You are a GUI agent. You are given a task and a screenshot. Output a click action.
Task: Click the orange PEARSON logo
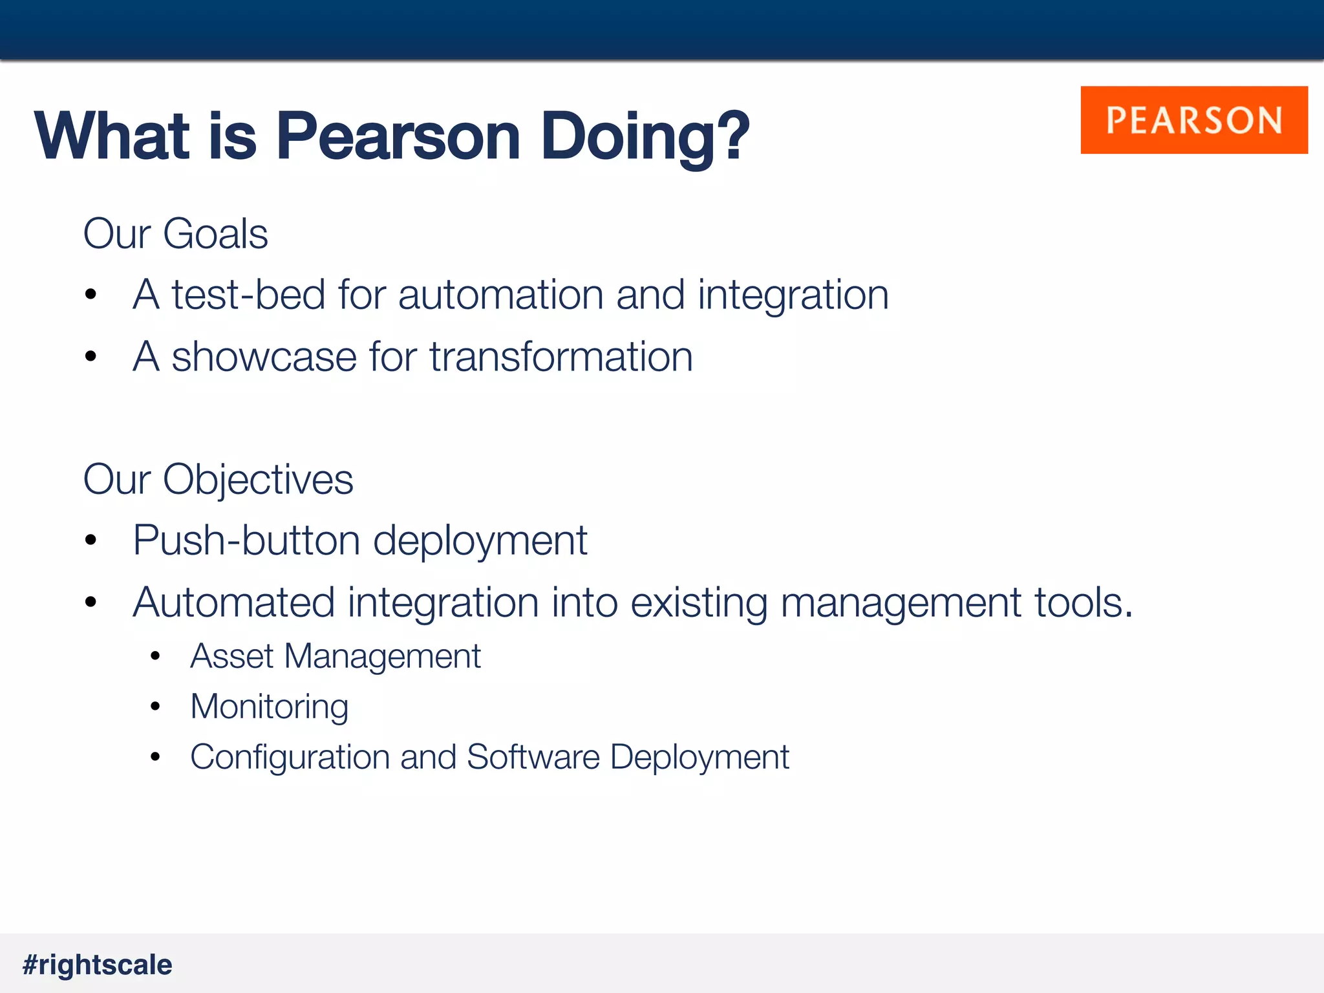pos(1193,120)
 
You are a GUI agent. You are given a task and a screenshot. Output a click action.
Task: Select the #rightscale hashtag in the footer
pos(98,965)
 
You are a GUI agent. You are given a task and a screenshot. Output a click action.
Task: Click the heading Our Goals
pos(175,233)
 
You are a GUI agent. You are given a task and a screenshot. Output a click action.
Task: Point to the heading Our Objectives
pos(218,480)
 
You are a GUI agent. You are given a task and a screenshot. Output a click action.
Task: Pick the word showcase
pos(264,358)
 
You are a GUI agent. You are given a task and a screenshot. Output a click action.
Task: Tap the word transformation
pos(561,358)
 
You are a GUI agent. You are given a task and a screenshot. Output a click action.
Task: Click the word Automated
pos(233,603)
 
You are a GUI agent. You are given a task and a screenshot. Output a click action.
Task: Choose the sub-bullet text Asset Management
pos(335,657)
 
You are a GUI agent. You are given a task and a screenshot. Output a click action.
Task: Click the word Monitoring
pos(269,707)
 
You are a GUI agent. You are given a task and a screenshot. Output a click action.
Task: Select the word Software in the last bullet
pos(533,757)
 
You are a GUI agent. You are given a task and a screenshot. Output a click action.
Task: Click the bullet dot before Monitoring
pos(155,707)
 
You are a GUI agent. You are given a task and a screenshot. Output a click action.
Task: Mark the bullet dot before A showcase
pos(91,356)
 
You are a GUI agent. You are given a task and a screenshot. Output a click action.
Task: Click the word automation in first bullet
pos(500,295)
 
